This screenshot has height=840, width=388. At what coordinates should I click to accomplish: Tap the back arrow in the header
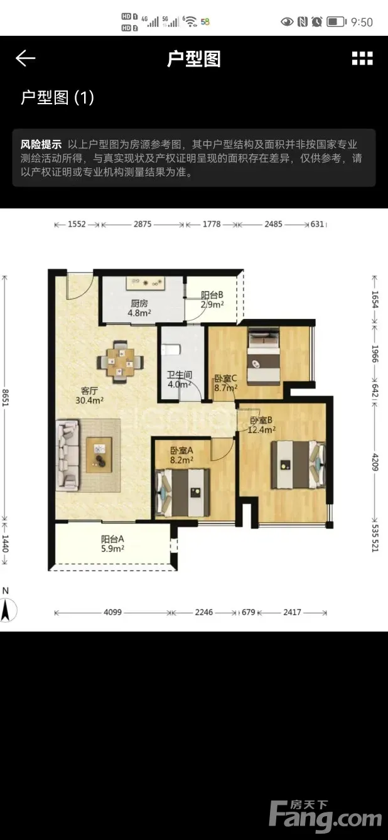[x=26, y=58]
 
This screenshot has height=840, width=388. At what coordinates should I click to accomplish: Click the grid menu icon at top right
[x=362, y=58]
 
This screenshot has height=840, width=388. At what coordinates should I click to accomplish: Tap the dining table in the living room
[x=121, y=362]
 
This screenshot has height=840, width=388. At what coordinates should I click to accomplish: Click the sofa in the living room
[x=68, y=455]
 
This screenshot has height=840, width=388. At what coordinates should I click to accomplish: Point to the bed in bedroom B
[x=298, y=465]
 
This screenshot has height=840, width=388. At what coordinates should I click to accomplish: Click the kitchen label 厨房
[x=139, y=303]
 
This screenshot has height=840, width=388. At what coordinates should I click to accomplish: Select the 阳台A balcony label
[x=112, y=539]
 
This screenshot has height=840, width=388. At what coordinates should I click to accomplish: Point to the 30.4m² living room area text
[x=89, y=400]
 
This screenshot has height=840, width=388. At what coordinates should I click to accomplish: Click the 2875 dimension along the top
[x=143, y=224]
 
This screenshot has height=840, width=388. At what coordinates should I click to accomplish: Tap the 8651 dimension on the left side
[x=5, y=397]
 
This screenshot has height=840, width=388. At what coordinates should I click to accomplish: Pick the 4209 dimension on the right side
[x=375, y=462]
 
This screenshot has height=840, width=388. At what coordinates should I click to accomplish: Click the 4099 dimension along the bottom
[x=112, y=612]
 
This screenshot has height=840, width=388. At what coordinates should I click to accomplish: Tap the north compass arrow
[x=6, y=610]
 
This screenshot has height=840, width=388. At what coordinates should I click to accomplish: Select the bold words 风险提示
[x=41, y=144]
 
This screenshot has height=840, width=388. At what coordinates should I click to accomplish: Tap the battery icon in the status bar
[x=337, y=22]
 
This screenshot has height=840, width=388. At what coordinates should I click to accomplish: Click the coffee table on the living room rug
[x=99, y=455]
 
